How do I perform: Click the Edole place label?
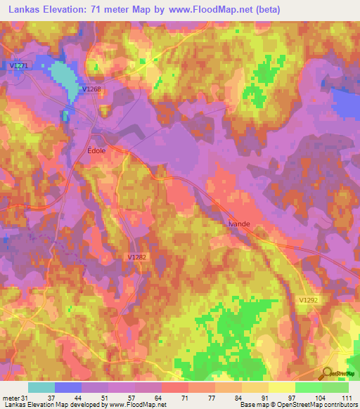point(96,150)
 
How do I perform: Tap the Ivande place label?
point(239,223)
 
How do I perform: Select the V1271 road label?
point(20,65)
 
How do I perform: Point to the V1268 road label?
point(91,89)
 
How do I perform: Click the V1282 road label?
point(138,257)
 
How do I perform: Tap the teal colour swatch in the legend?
point(41,387)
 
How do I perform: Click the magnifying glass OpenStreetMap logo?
point(328,373)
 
